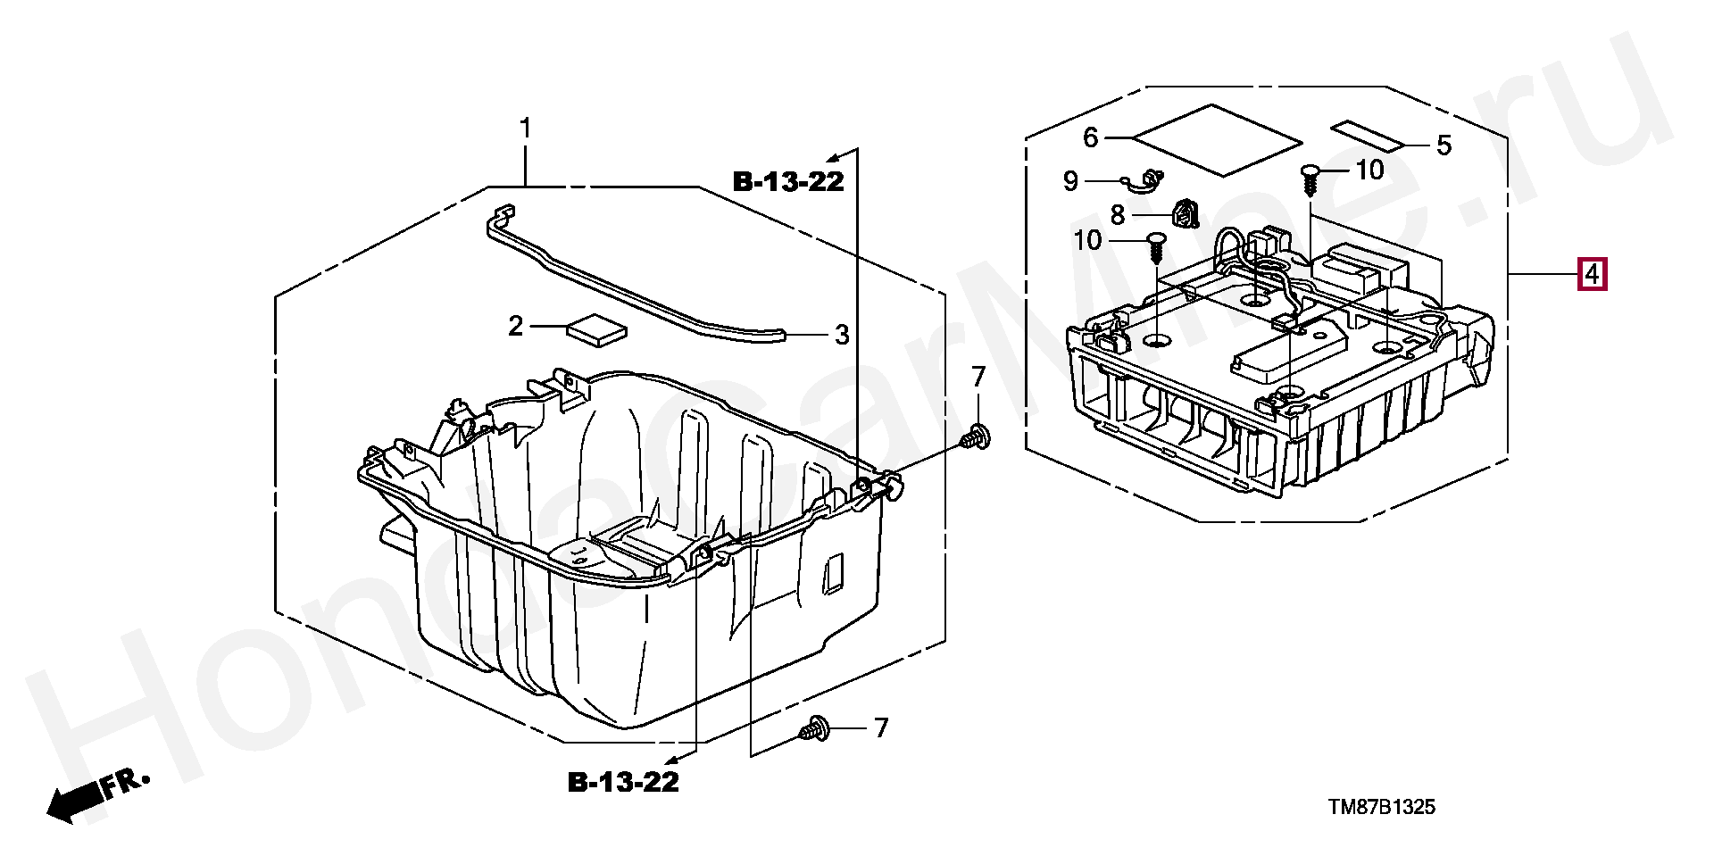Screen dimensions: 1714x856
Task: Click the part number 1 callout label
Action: pyautogui.click(x=526, y=129)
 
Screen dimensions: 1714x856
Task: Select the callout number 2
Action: pyautogui.click(x=515, y=327)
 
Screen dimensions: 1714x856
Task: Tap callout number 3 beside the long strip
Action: pyautogui.click(x=842, y=336)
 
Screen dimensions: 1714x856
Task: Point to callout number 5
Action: pyautogui.click(x=1444, y=145)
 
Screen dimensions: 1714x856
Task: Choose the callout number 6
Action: pyautogui.click(x=1090, y=138)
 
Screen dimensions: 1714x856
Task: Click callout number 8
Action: pyautogui.click(x=1118, y=215)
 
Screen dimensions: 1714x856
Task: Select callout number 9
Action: pyautogui.click(x=1071, y=182)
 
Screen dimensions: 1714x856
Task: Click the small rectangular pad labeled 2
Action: pyautogui.click(x=596, y=328)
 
